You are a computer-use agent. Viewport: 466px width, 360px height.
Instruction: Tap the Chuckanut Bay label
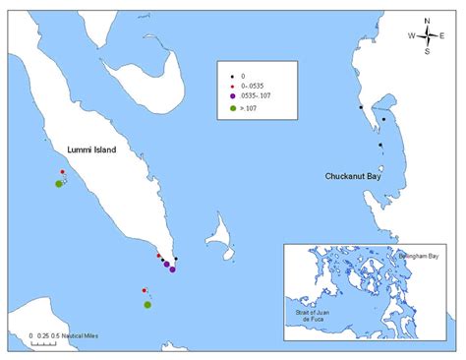(x=352, y=177)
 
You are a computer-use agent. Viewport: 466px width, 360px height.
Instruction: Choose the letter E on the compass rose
(x=443, y=36)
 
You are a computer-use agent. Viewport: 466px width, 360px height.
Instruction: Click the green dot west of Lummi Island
(x=59, y=184)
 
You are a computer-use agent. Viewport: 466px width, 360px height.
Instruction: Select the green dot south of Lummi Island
(x=147, y=305)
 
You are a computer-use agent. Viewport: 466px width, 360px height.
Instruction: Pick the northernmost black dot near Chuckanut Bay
(x=362, y=107)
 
